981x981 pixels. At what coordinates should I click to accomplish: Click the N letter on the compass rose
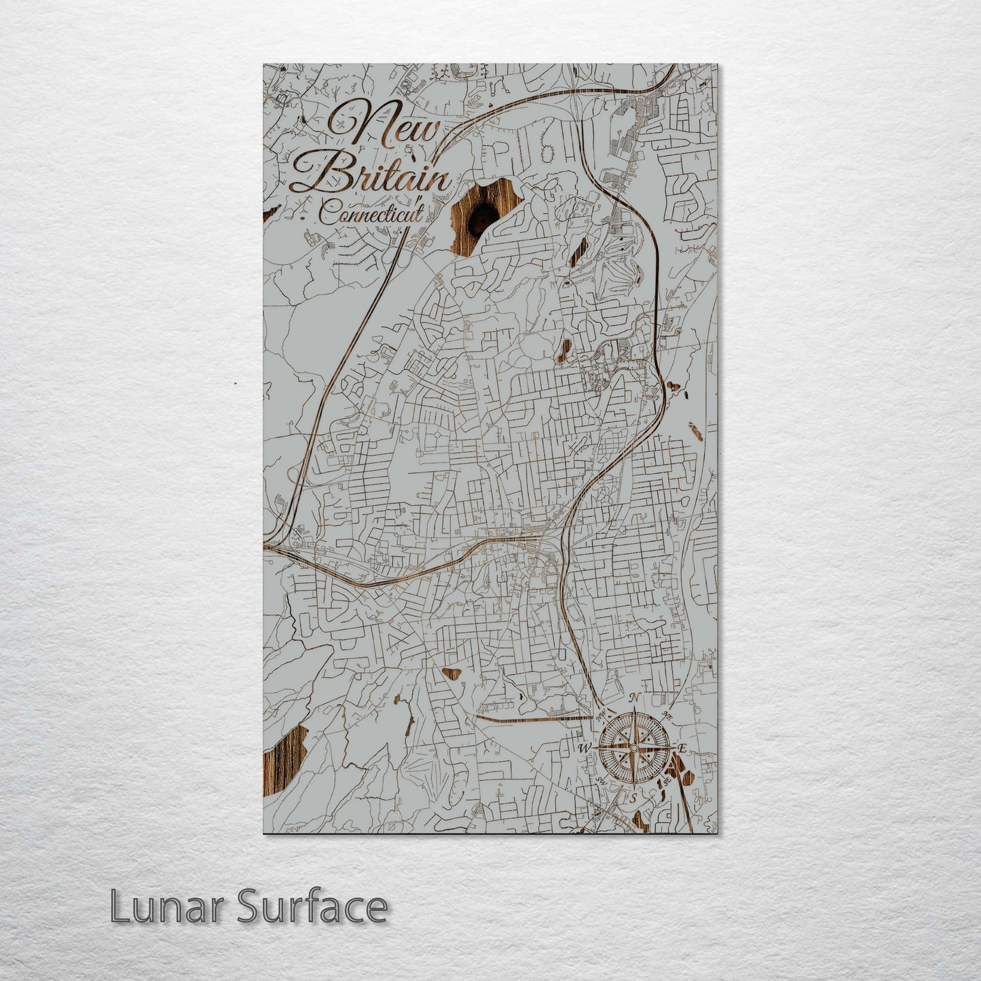coord(635,698)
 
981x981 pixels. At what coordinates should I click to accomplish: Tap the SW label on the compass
coord(599,781)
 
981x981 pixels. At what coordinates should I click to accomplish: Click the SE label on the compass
coord(668,781)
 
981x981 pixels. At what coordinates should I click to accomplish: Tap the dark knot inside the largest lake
coord(483,216)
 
